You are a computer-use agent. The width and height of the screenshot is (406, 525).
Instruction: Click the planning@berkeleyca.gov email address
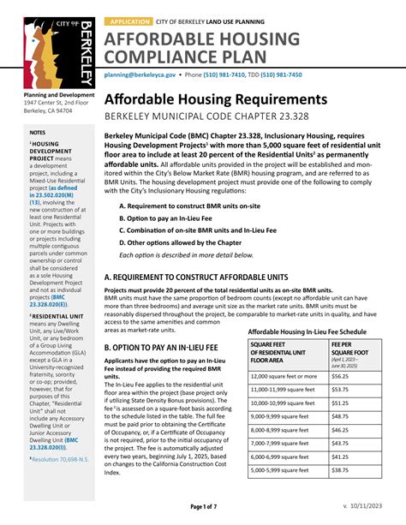click(x=140, y=75)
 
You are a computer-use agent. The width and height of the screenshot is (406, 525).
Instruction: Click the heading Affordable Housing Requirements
click(x=216, y=99)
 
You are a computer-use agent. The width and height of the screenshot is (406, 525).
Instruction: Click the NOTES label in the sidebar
click(x=38, y=133)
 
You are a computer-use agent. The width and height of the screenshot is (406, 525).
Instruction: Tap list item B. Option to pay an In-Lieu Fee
click(x=170, y=218)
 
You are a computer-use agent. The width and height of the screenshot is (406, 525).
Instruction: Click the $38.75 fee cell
click(x=340, y=495)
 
